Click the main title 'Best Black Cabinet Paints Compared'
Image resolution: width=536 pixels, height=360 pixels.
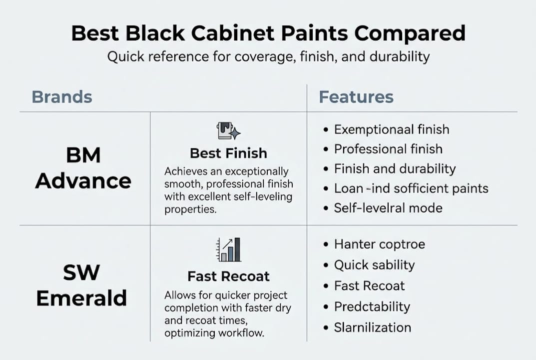coord(268,33)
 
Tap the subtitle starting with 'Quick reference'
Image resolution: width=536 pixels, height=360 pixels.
coord(268,56)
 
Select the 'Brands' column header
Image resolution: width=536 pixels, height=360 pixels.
coord(62,97)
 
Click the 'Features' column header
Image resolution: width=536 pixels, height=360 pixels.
coord(356,97)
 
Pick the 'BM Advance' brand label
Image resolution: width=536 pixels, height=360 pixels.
coord(83,168)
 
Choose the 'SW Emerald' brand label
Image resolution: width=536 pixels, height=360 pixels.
coord(81,285)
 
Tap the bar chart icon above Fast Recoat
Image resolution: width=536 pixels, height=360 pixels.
coord(228,249)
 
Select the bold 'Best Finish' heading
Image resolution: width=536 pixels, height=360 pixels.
coord(228,153)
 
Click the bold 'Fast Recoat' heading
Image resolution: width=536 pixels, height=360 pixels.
coord(228,276)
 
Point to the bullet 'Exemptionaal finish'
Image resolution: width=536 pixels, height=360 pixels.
coord(391,129)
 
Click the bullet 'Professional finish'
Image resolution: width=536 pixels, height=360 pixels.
coord(388,149)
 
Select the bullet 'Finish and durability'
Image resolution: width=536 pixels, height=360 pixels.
coord(395,168)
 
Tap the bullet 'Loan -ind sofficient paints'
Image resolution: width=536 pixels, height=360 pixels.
coord(411,188)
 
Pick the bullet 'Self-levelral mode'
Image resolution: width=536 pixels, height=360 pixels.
coord(388,208)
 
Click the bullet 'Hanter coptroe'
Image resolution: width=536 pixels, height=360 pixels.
coord(379,244)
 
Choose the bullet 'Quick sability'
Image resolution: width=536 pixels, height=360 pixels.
coord(374,265)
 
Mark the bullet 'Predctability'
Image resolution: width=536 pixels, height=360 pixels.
coord(372,306)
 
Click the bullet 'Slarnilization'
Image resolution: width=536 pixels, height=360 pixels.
coord(372,327)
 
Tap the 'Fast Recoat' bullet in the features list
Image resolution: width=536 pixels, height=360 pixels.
coord(369,286)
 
